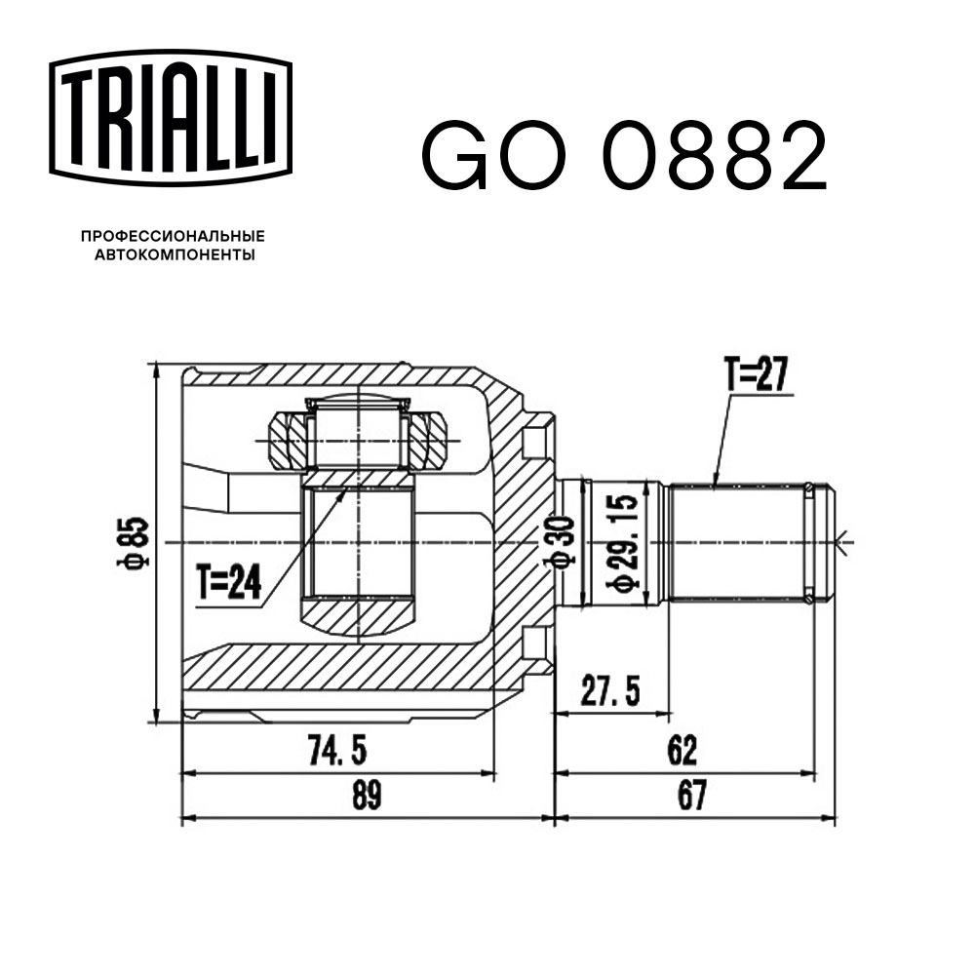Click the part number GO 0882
tap(624, 156)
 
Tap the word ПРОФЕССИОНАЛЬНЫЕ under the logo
tap(173, 236)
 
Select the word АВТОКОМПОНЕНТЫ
tap(173, 255)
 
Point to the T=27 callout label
tap(755, 374)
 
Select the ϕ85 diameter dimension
tap(136, 542)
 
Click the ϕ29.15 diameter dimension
tap(624, 542)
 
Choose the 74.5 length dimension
tap(337, 750)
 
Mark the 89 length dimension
tap(366, 796)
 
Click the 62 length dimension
tap(682, 750)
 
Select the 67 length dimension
tap(692, 796)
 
